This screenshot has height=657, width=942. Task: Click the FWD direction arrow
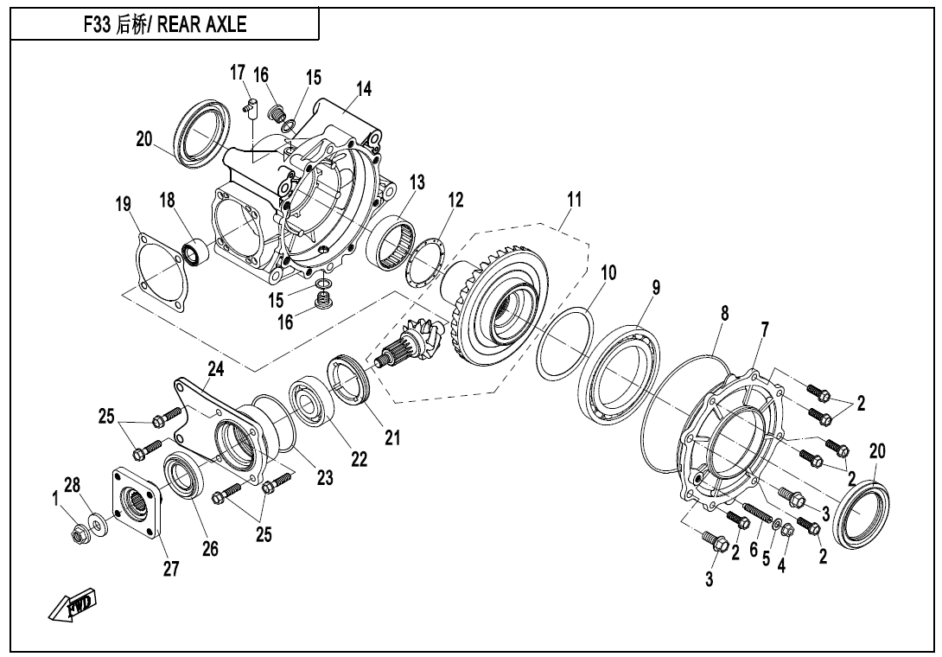(x=73, y=605)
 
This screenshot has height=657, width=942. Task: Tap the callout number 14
(x=364, y=88)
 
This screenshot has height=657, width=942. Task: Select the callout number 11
(x=573, y=200)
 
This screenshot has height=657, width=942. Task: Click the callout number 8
(x=724, y=314)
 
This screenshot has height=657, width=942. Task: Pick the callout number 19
(x=124, y=205)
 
